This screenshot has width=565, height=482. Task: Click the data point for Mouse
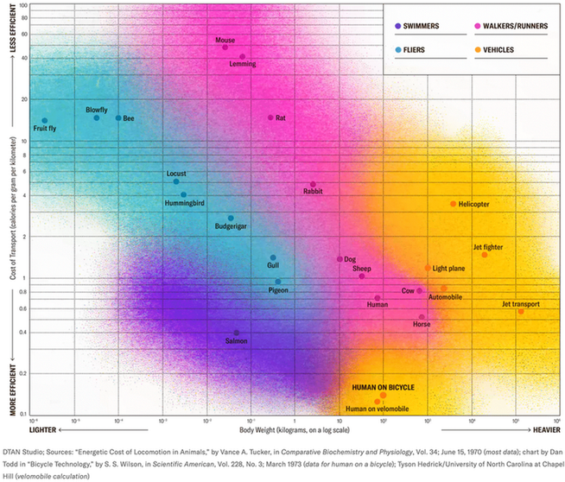(x=225, y=47)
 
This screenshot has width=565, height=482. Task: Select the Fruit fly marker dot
(x=45, y=120)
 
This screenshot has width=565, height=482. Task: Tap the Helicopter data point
(x=453, y=204)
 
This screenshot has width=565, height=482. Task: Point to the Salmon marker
(x=237, y=333)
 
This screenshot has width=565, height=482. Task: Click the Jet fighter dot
(x=485, y=255)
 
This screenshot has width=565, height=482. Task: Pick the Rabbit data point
(x=313, y=184)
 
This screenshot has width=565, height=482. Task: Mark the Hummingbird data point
(x=183, y=195)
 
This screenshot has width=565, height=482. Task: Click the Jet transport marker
(x=520, y=311)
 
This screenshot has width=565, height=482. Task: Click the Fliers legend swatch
(x=397, y=50)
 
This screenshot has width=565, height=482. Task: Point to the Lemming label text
(x=242, y=65)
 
